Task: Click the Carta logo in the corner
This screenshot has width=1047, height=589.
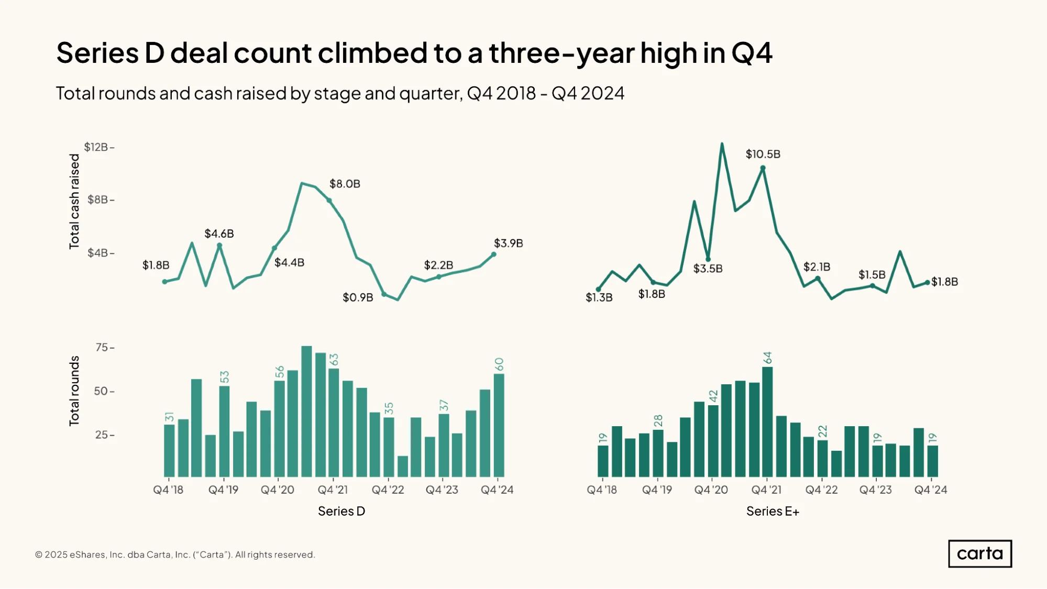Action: (980, 553)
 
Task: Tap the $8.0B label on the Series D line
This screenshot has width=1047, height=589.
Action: (345, 184)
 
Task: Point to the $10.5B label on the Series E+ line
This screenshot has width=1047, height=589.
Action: (763, 154)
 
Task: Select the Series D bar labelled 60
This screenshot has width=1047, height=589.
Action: (499, 425)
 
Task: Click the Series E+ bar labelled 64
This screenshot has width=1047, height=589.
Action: (767, 421)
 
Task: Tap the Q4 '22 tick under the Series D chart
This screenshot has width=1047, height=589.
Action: (388, 490)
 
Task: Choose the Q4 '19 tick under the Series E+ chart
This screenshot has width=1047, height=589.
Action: (657, 490)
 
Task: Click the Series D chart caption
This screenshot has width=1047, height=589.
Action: (341, 511)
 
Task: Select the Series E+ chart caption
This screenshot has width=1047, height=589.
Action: (773, 511)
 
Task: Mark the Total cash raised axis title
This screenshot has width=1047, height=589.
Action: (74, 201)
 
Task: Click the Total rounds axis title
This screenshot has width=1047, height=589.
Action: (74, 391)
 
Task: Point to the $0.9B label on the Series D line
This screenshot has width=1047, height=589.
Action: (358, 297)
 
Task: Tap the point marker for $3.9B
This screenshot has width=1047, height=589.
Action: (493, 254)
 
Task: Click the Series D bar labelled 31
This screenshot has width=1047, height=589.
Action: (169, 450)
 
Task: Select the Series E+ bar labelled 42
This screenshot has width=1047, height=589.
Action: (713, 441)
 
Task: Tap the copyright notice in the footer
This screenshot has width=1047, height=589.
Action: (175, 554)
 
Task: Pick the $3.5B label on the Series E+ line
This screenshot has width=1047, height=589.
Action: (708, 269)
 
